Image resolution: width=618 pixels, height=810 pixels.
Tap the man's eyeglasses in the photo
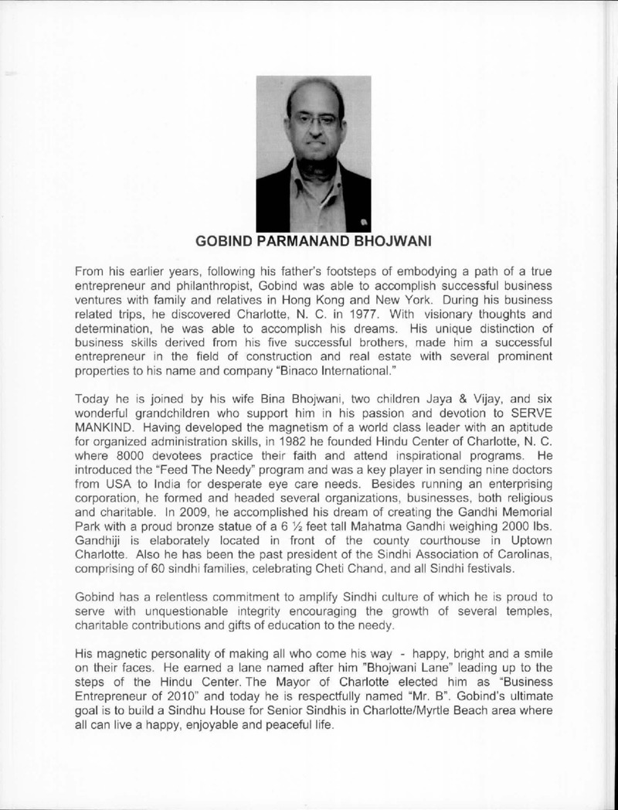click(315, 121)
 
